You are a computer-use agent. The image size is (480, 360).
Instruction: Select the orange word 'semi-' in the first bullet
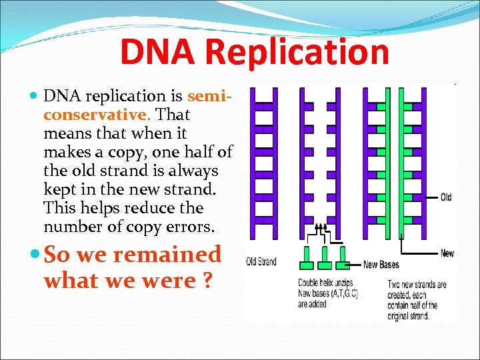tap(210, 96)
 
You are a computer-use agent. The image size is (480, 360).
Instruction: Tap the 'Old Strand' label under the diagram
tap(261, 261)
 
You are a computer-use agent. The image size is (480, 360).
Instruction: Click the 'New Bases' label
tap(381, 265)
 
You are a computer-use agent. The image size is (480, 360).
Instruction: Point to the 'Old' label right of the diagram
tap(445, 197)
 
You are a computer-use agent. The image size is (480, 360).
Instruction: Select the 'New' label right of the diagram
tap(447, 253)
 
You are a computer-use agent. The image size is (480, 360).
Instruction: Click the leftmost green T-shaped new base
tap(307, 256)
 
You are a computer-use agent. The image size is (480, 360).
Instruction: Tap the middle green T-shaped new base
tap(325, 256)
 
